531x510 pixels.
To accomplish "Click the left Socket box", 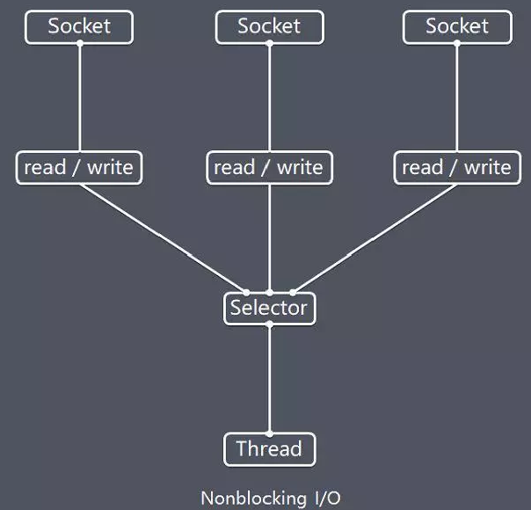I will [x=79, y=26].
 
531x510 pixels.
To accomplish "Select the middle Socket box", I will [x=269, y=26].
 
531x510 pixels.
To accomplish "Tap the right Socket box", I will [x=457, y=26].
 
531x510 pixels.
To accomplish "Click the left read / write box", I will [x=79, y=167].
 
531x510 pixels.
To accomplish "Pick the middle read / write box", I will [x=269, y=167].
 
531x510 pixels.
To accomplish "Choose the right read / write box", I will [x=457, y=167].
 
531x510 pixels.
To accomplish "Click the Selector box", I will [x=269, y=308].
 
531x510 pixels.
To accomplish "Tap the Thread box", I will [x=269, y=449].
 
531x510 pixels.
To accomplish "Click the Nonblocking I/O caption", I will [x=270, y=498].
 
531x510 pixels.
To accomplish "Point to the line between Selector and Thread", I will [x=269, y=378].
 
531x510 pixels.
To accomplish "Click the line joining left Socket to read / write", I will [x=79, y=97].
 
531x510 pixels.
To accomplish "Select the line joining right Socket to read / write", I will [x=457, y=97].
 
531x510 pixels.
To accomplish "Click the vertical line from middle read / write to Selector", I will [x=269, y=237].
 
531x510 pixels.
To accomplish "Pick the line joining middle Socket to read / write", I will [x=269, y=97].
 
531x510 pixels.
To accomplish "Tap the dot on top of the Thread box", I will [x=269, y=433].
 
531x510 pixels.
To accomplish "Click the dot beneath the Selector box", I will [x=269, y=324].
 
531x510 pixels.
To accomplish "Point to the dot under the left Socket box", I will [x=79, y=43].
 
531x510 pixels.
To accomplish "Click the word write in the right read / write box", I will [x=487, y=167].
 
